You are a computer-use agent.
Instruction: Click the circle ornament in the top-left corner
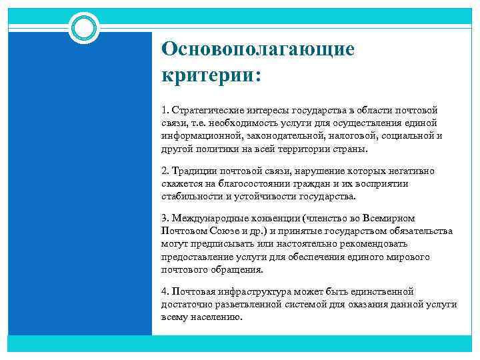(x=84, y=27)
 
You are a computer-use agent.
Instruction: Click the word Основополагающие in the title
(x=258, y=49)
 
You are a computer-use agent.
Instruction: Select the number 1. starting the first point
(x=165, y=109)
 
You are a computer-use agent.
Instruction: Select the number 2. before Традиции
(x=165, y=171)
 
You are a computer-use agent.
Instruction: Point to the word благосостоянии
(x=249, y=183)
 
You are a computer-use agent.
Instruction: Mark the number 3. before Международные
(x=165, y=219)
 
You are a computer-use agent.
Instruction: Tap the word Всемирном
(x=387, y=219)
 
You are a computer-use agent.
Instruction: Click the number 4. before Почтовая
(x=165, y=291)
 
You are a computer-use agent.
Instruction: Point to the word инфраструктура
(x=249, y=291)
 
